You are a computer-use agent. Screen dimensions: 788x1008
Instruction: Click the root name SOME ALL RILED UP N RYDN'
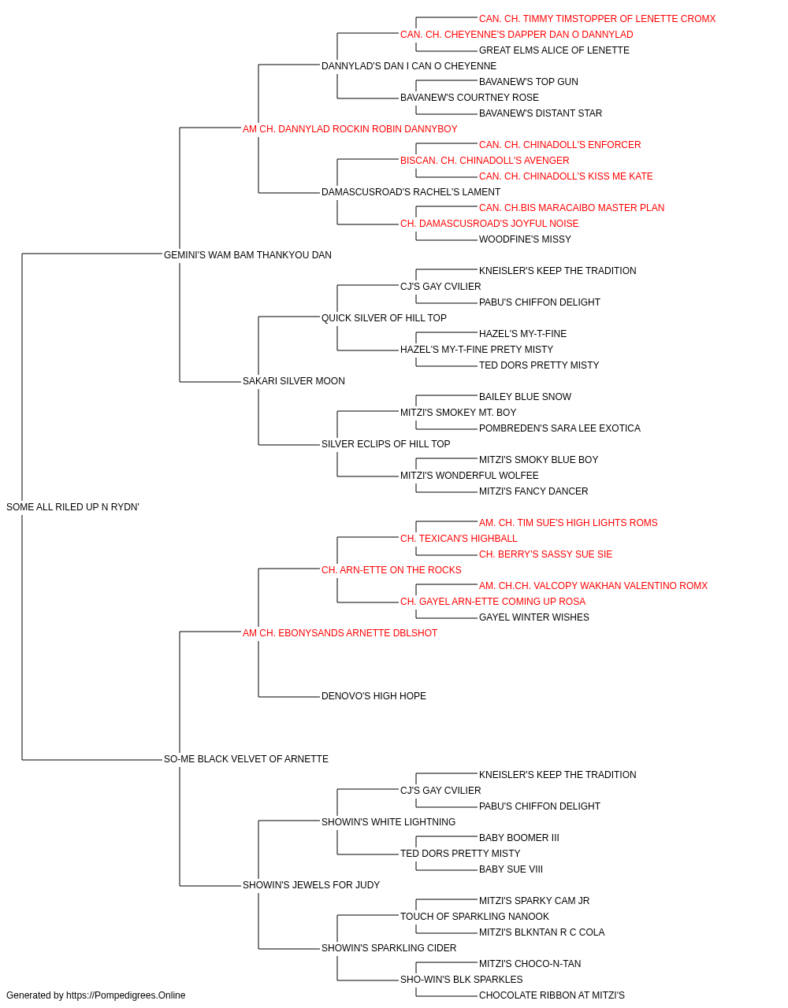(x=72, y=507)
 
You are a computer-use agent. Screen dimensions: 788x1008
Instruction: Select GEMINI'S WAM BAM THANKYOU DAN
(x=247, y=255)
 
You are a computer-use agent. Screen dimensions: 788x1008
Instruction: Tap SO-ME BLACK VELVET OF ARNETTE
(x=246, y=759)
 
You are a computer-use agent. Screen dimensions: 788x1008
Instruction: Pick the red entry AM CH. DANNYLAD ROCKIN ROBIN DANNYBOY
(x=350, y=129)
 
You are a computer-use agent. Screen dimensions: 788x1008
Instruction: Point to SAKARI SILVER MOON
(x=294, y=381)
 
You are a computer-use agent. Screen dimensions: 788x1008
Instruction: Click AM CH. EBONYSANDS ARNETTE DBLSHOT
(x=340, y=632)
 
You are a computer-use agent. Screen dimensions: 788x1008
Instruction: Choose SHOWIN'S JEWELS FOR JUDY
(x=311, y=884)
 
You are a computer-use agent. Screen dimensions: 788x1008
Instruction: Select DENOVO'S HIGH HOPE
(x=374, y=696)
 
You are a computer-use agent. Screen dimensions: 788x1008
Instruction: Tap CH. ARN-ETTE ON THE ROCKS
(x=391, y=569)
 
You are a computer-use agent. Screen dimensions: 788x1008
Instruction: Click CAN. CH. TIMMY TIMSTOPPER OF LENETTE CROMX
(x=597, y=19)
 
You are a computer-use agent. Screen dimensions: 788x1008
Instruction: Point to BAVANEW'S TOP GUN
(x=529, y=82)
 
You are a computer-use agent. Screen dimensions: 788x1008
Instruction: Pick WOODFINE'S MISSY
(x=525, y=239)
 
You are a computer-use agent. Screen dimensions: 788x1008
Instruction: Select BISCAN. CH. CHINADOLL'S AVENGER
(x=485, y=161)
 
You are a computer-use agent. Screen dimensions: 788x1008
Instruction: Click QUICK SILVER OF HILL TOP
(x=384, y=317)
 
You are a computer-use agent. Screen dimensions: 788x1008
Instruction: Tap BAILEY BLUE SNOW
(x=525, y=397)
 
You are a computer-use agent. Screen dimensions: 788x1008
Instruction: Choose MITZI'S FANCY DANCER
(x=533, y=491)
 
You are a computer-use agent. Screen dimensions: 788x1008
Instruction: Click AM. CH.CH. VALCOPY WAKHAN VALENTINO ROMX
(x=593, y=585)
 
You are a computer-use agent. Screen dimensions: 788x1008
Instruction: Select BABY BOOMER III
(x=519, y=837)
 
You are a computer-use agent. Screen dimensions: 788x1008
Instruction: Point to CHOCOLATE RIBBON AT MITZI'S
(x=552, y=995)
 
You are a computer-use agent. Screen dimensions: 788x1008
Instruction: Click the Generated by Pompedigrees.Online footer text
(x=95, y=995)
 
